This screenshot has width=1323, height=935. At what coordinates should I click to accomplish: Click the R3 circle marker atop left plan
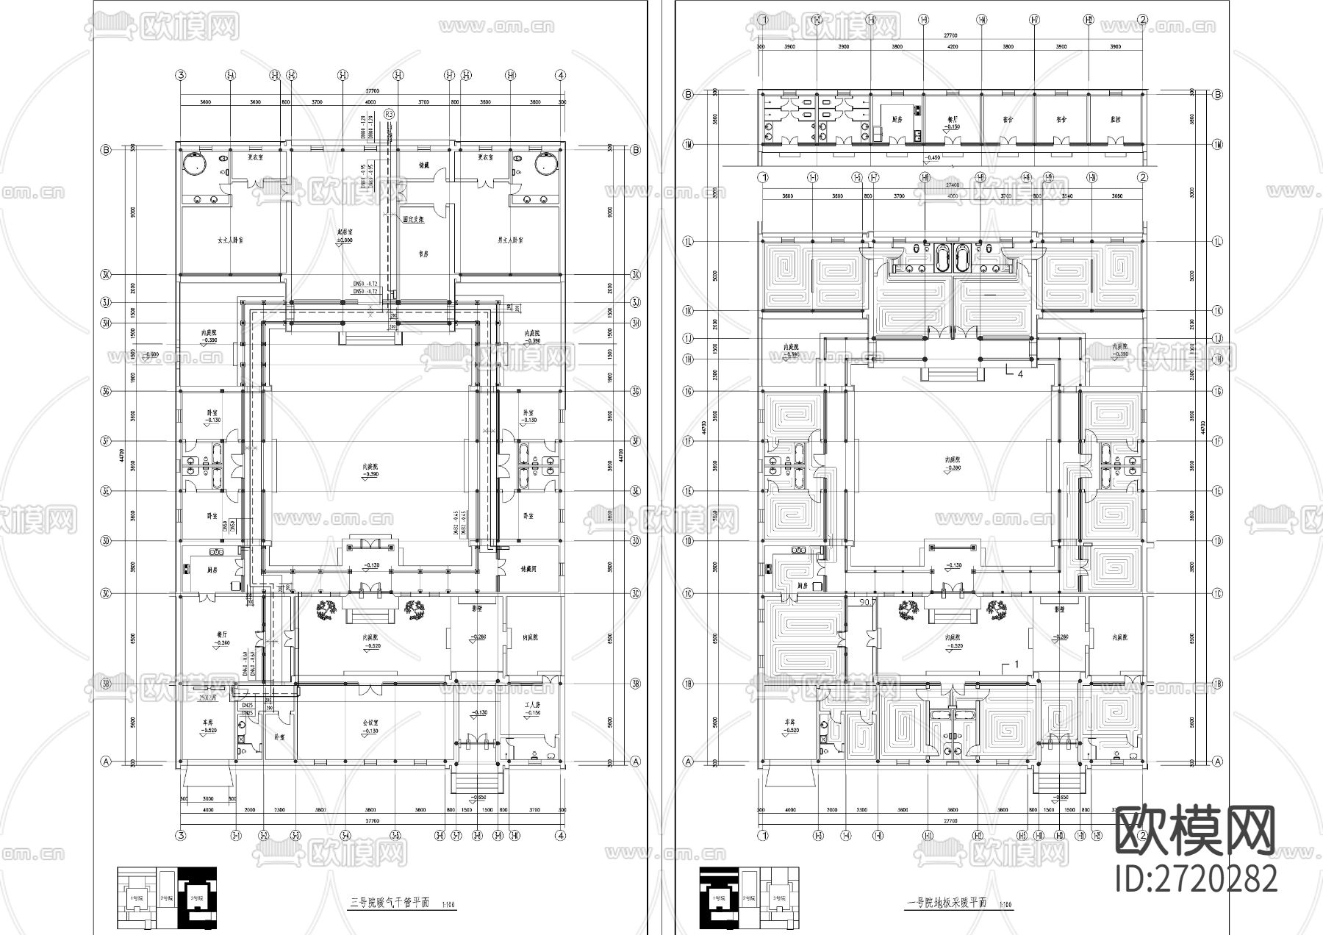point(390,114)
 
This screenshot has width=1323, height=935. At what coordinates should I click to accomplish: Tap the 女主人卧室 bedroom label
point(230,240)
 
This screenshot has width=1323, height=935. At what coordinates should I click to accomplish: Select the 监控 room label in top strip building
point(1116,118)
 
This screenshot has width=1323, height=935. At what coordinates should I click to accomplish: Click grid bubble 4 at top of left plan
point(561,75)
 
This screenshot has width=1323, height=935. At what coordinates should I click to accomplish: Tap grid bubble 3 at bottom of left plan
point(180,834)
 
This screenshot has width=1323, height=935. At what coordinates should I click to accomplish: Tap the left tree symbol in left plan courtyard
point(327,608)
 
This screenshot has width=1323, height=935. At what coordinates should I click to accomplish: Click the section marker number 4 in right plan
point(1019,374)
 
